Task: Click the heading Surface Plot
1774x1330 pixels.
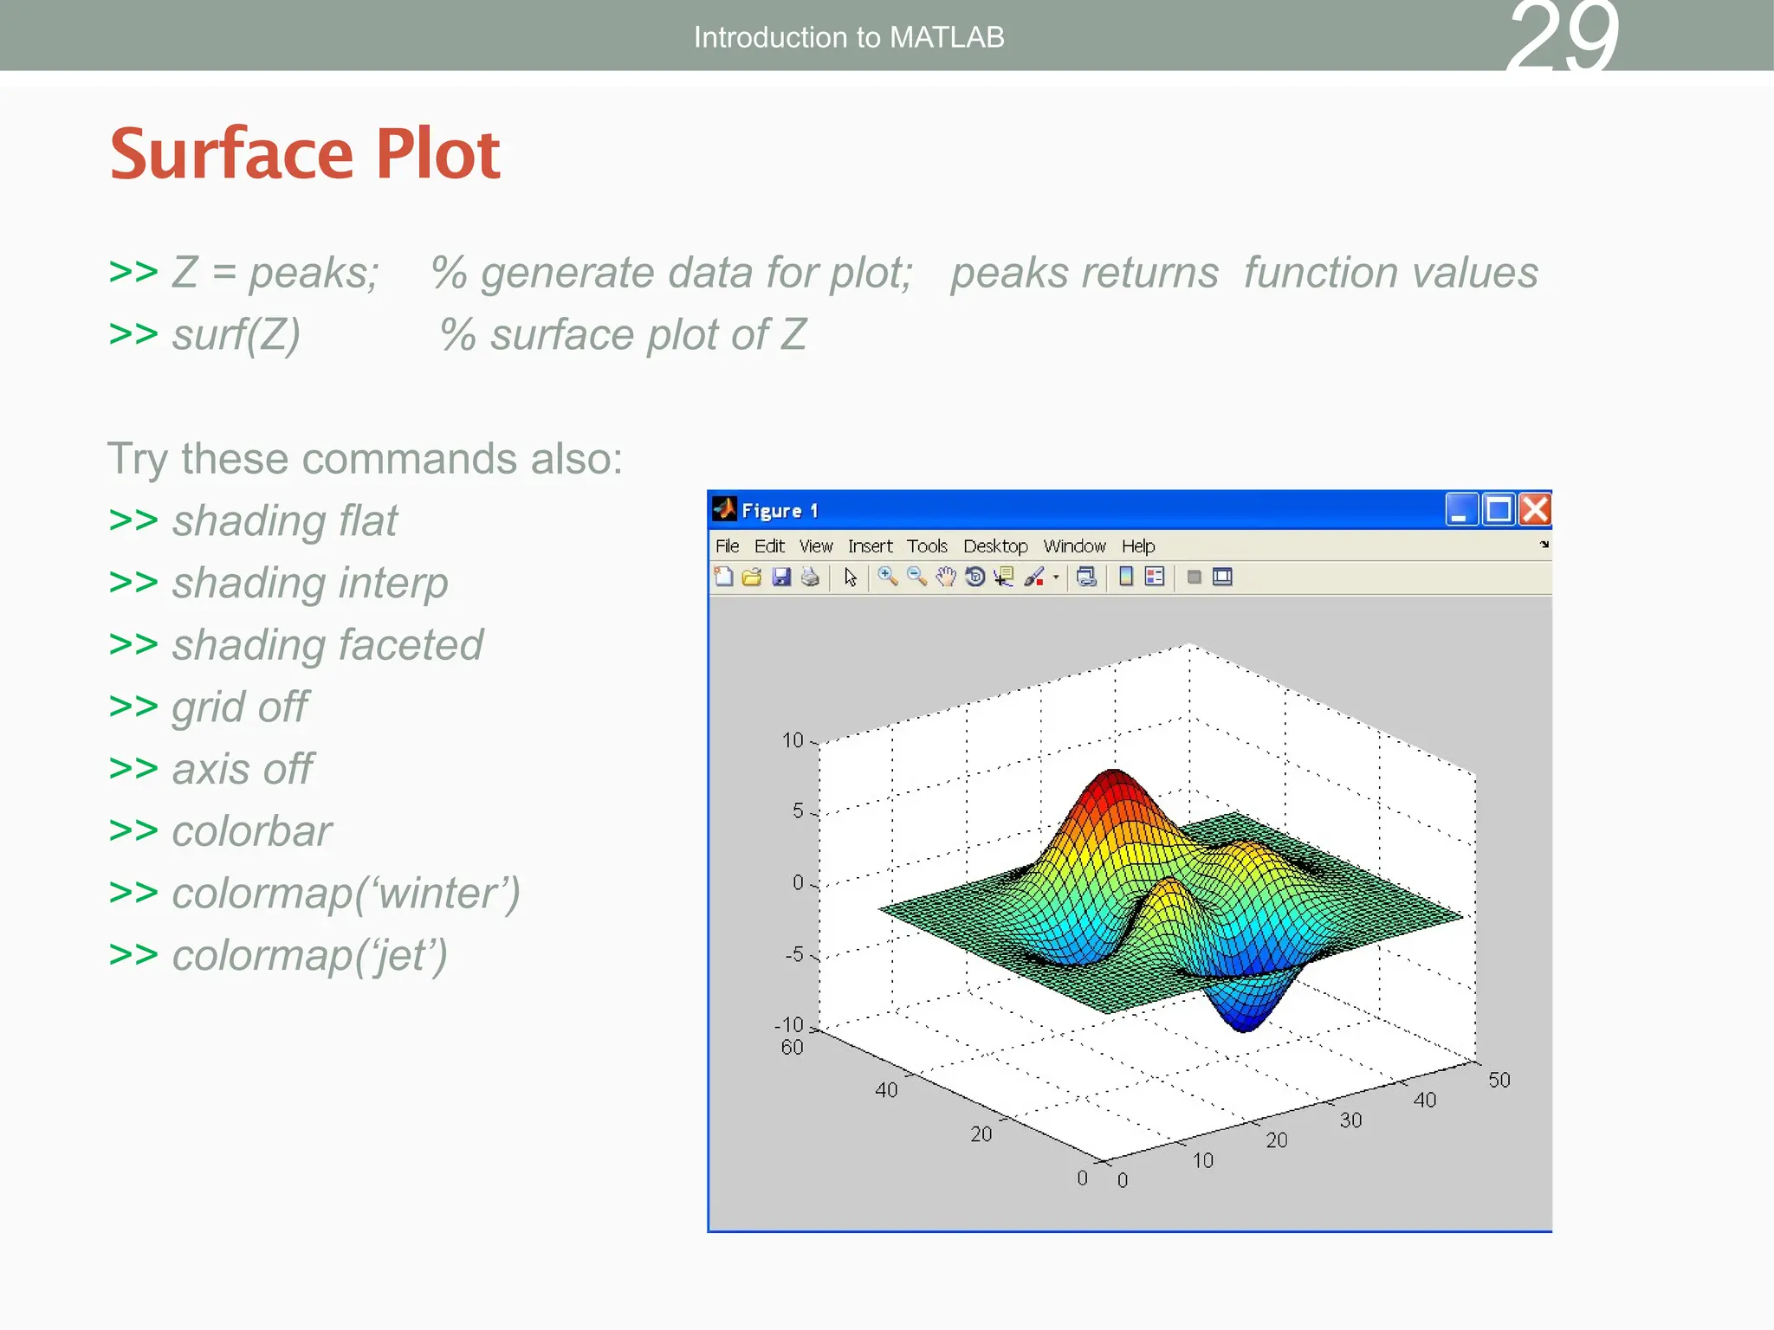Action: [305, 153]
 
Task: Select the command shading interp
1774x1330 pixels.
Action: [309, 583]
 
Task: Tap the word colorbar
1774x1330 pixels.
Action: [251, 831]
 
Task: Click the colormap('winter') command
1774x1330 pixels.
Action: [346, 894]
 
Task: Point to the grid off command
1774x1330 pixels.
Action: [239, 707]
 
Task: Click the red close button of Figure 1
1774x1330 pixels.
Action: [1535, 509]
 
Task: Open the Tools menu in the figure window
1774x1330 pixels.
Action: [927, 546]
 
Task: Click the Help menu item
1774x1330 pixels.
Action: [1137, 546]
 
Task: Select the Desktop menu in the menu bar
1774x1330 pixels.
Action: [995, 546]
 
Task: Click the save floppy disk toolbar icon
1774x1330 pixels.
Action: [781, 577]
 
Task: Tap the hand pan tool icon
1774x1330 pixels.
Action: [946, 577]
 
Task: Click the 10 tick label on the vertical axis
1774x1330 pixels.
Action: [793, 740]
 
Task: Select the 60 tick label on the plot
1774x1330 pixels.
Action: [792, 1048]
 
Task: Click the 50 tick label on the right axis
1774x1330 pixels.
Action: [1499, 1080]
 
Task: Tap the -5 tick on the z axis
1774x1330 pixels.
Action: [794, 954]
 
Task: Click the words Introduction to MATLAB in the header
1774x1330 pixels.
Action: [849, 37]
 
